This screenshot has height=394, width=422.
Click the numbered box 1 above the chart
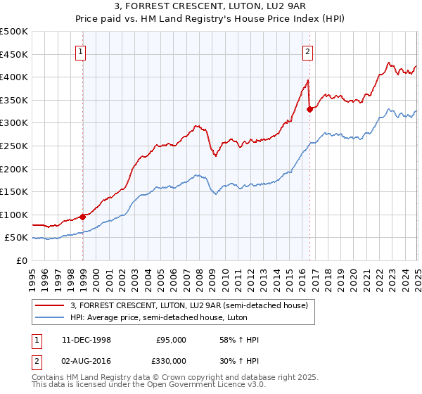[82, 51]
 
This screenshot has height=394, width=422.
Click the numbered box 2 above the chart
[308, 51]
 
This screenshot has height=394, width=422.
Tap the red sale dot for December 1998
[83, 217]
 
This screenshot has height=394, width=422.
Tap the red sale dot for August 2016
[310, 108]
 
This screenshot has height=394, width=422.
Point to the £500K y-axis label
[14, 32]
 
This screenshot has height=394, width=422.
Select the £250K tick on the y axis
[14, 146]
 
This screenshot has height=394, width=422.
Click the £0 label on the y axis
[22, 260]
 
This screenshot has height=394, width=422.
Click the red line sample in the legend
[51, 305]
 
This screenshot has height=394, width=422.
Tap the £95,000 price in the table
[171, 340]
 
